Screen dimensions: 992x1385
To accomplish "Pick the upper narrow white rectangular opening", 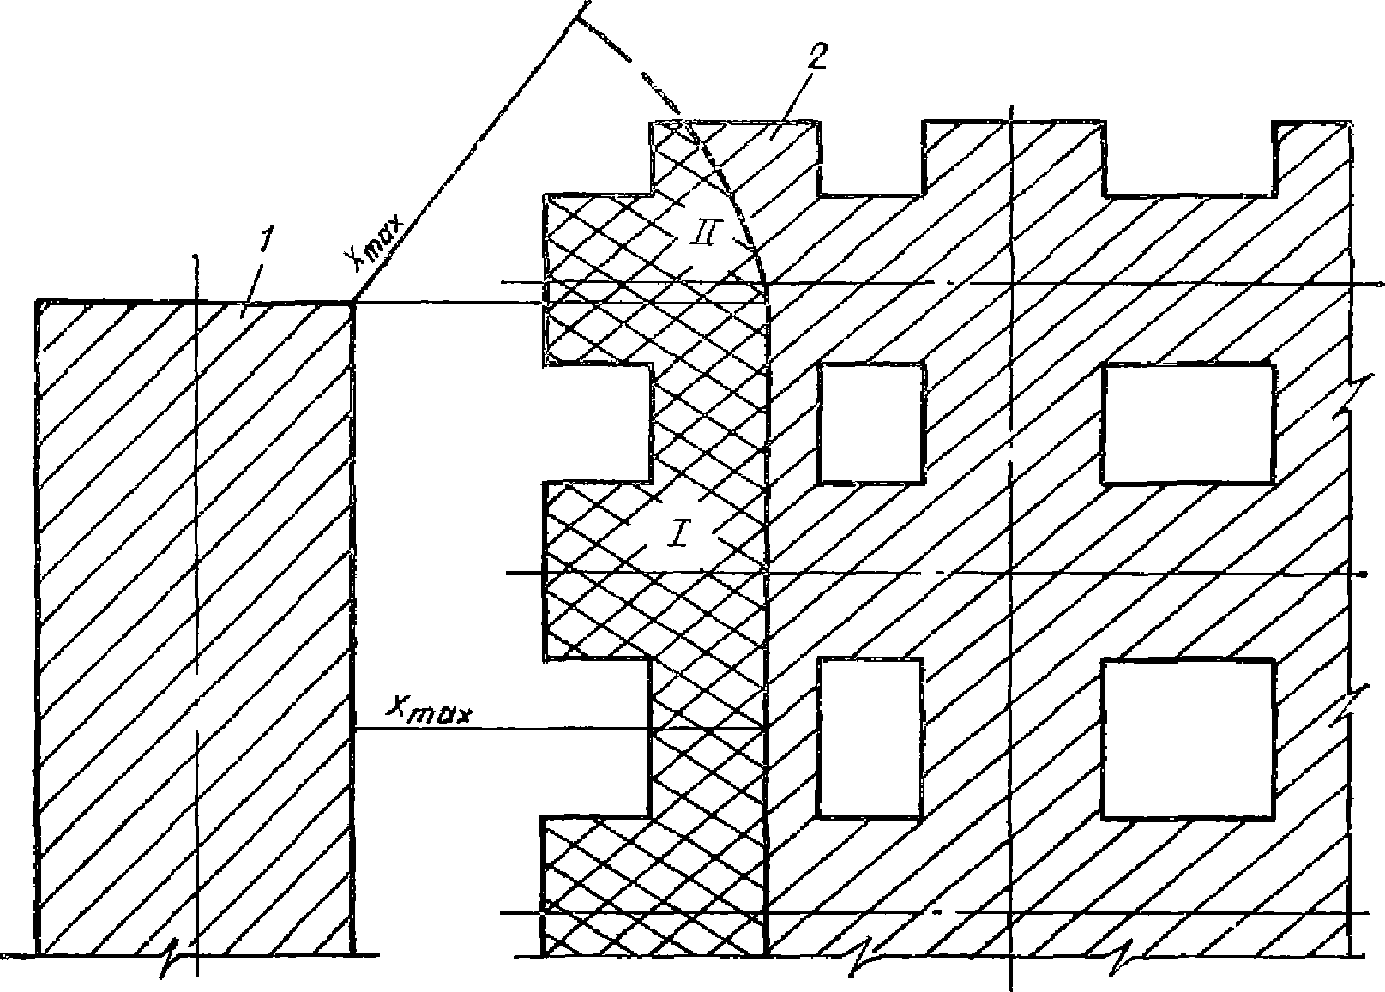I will click(872, 423).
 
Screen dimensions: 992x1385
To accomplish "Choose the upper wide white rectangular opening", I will click(1188, 423).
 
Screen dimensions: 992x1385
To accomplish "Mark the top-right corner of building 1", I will click(353, 302).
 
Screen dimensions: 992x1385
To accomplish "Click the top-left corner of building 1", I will click(39, 302).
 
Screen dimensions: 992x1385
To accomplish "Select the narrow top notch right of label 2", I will click(872, 159).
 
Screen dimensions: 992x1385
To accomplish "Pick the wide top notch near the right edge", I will click(1188, 159).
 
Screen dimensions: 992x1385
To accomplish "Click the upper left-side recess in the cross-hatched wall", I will click(597, 423).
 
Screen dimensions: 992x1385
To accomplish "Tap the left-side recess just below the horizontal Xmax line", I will click(597, 737).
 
